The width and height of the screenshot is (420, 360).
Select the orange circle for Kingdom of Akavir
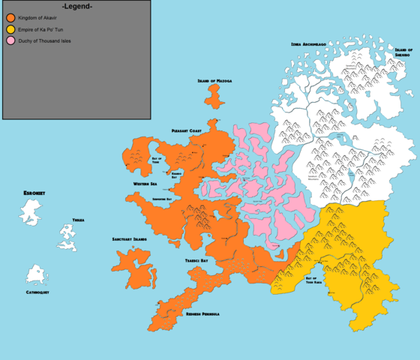[11, 17]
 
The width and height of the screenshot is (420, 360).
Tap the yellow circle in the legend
[11, 28]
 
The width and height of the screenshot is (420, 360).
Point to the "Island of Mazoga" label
[214, 80]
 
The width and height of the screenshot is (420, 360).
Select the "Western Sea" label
[145, 183]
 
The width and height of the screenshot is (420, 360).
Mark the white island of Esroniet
[31, 211]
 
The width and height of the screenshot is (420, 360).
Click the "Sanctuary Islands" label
[130, 239]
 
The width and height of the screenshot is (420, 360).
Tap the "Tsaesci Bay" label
[196, 260]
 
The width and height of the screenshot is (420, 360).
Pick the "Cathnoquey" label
[37, 292]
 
